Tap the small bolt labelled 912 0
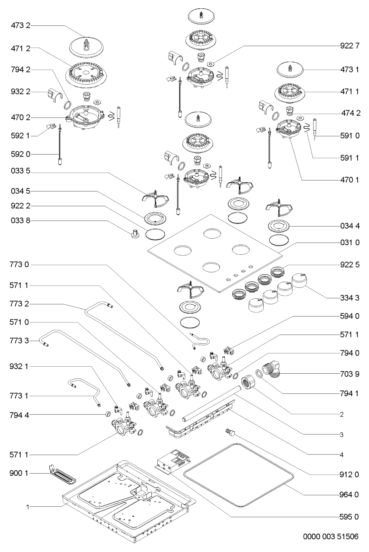230,432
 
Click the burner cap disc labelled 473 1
290,70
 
